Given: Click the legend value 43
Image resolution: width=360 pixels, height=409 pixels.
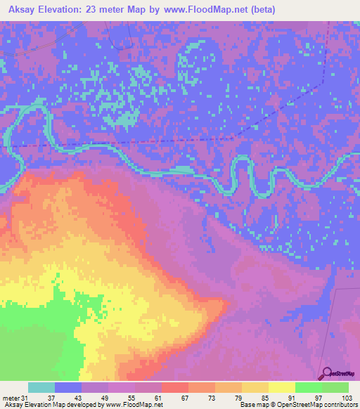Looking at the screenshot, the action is pyautogui.click(x=76, y=397).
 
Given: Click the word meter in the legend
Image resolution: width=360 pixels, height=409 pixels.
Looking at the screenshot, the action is pyautogui.click(x=11, y=397).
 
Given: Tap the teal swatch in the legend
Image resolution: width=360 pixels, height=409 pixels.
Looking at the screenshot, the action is pyautogui.click(x=41, y=387).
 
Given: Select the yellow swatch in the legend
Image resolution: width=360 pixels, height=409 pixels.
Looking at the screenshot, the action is pyautogui.click(x=282, y=387).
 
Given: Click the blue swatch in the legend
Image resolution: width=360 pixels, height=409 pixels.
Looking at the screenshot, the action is pyautogui.click(x=68, y=387).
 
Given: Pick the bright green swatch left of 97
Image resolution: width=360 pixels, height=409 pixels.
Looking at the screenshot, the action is pyautogui.click(x=309, y=387).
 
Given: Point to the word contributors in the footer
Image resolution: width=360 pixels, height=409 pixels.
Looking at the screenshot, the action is pyautogui.click(x=341, y=405).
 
